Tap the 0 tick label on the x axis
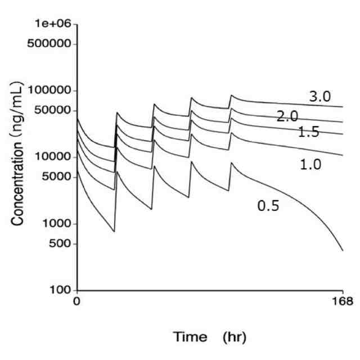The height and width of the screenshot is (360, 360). click(x=77, y=302)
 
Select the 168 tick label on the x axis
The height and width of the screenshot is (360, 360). click(x=343, y=302)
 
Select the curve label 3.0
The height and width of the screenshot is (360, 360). click(x=319, y=96)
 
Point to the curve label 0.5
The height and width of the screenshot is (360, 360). click(x=268, y=206)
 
